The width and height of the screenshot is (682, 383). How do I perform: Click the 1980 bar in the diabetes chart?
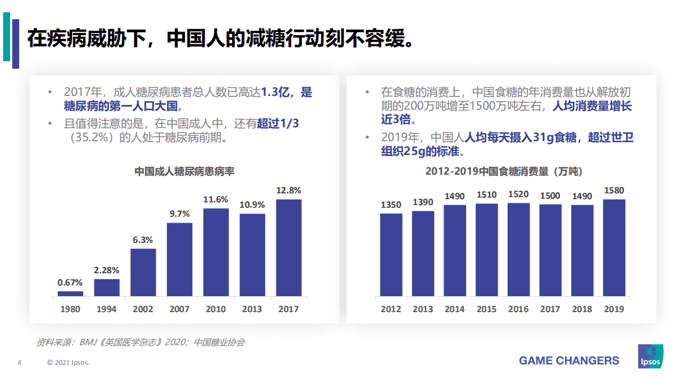point(70,294)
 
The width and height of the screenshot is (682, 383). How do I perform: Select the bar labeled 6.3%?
point(143,272)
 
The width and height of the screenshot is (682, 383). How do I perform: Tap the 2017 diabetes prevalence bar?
point(288,248)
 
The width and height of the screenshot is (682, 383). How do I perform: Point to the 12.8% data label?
point(288,190)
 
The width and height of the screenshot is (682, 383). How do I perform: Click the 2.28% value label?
point(107,270)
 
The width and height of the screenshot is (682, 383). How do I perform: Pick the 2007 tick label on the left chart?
point(179,309)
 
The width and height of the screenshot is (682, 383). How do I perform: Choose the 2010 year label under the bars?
point(216,309)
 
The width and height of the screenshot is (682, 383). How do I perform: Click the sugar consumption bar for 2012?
point(391,255)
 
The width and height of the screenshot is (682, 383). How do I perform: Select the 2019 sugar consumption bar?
point(614,248)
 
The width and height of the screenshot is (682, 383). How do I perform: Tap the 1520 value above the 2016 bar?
point(518,194)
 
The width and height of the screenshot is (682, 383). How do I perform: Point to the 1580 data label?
point(614,191)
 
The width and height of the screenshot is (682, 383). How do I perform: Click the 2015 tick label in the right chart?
point(486,309)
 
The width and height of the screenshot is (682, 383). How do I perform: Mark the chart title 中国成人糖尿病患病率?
point(184,172)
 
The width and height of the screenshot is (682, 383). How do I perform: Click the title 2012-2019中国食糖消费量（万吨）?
point(503,172)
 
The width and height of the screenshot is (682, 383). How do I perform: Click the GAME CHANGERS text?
point(569,361)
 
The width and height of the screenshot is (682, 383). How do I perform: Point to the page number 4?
point(19,363)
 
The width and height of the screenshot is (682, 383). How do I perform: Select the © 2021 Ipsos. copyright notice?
point(68,363)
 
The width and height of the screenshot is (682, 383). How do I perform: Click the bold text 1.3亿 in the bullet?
point(278,92)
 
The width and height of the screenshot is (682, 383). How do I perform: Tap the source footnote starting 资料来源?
point(140,343)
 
